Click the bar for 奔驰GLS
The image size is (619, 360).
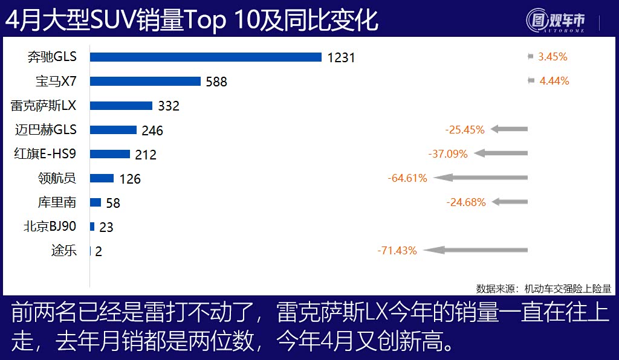(206, 57)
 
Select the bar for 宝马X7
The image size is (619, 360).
(145, 81)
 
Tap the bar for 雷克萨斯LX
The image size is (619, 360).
(121, 106)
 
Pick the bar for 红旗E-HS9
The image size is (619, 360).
(110, 154)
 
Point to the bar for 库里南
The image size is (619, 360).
(96, 202)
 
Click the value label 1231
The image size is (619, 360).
(341, 57)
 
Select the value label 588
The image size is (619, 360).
(216, 82)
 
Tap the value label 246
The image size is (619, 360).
(152, 130)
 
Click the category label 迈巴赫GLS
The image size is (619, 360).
(48, 129)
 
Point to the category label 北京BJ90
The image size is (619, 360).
(50, 227)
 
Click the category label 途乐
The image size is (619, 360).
(64, 251)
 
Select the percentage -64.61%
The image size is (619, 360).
(407, 178)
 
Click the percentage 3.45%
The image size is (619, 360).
(553, 57)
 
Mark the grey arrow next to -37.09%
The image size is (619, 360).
(501, 153)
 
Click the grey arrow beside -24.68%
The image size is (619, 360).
(510, 202)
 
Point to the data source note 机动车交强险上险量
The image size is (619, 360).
(568, 288)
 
